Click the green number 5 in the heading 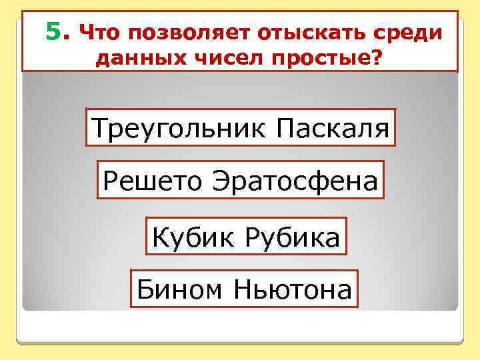point(53,31)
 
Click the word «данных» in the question point(133,60)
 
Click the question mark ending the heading point(377,60)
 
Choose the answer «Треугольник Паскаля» point(240,127)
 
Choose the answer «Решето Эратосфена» point(240,180)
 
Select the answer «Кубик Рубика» point(246,236)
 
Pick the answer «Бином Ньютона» point(244,289)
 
